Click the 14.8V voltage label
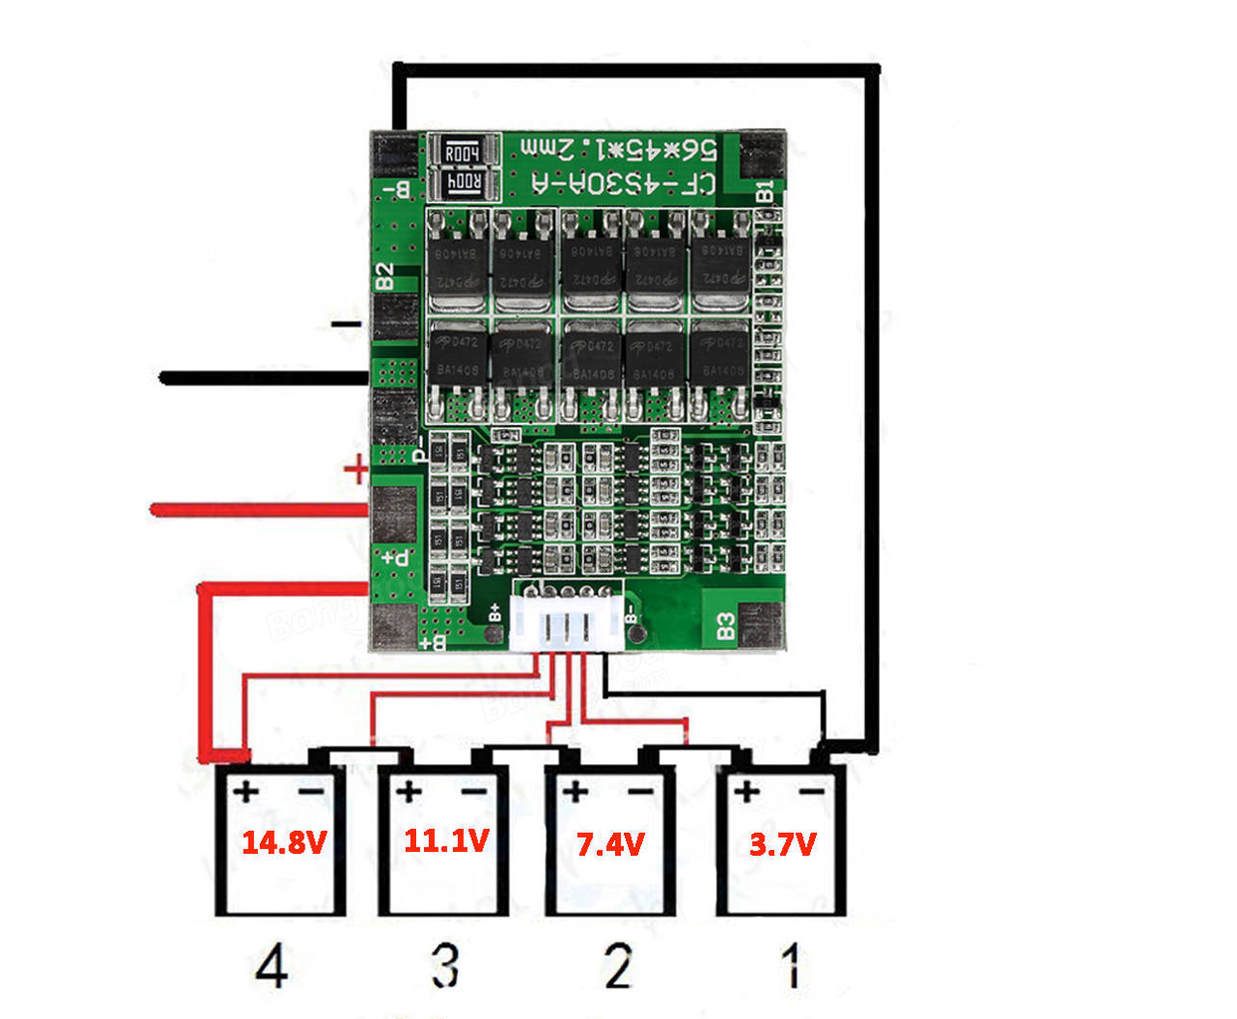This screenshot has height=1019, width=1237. click(x=284, y=843)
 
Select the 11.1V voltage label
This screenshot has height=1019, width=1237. click(x=446, y=841)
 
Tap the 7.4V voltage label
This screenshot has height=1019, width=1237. click(x=610, y=845)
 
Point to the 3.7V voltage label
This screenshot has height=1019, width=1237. click(x=782, y=845)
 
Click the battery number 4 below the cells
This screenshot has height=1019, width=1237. click(x=272, y=965)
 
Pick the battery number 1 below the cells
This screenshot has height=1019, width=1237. click(x=791, y=965)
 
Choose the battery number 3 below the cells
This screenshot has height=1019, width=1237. click(x=445, y=965)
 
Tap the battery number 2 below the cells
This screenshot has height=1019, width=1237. click(x=618, y=965)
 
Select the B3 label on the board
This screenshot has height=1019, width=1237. click(x=726, y=626)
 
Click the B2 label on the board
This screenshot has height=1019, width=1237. click(x=384, y=277)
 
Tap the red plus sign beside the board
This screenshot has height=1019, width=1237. click(x=355, y=469)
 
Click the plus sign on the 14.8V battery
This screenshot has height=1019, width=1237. click(x=245, y=792)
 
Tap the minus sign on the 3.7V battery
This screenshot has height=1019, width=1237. click(x=812, y=792)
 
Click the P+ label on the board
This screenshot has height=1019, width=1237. click(x=395, y=558)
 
